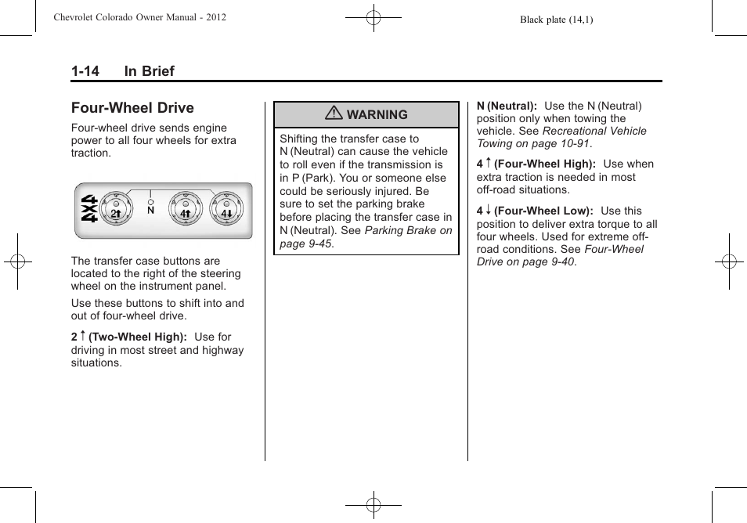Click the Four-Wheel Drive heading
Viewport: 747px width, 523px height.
click(132, 108)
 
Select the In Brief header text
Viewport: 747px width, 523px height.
click(149, 71)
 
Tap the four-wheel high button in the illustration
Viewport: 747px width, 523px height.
click(186, 207)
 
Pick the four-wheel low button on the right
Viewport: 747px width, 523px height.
click(226, 207)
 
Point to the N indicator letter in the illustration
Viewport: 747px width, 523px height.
click(150, 211)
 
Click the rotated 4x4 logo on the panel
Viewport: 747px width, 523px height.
click(88, 209)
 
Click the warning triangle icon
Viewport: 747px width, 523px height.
click(334, 114)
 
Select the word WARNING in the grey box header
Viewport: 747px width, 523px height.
click(377, 115)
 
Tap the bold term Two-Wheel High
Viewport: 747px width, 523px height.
click(137, 337)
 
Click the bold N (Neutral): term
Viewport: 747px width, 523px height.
click(507, 106)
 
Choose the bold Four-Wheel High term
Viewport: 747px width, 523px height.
click(545, 164)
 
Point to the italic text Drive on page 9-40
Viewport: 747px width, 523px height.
click(526, 262)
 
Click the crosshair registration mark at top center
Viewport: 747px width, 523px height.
click(373, 17)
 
